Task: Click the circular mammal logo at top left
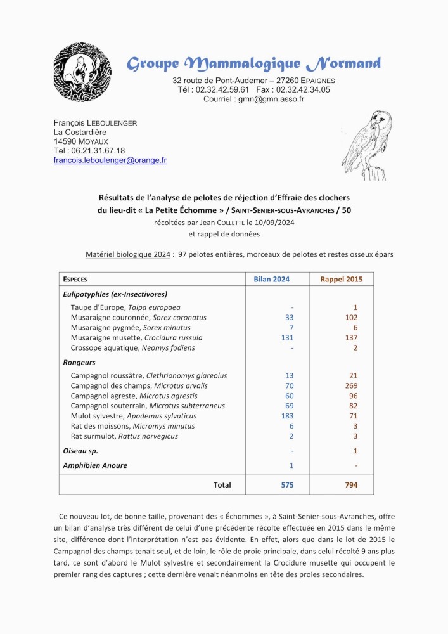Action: (82, 74)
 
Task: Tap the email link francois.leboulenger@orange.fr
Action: (110, 161)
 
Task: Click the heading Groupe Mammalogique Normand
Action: (253, 63)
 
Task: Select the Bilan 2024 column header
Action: (271, 279)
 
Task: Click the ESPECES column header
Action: (75, 279)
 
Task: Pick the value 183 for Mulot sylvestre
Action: (287, 416)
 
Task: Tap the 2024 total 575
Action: (287, 485)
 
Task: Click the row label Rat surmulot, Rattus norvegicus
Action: (124, 436)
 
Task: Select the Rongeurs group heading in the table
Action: (79, 363)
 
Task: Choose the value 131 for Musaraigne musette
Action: (287, 338)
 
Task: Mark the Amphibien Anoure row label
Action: (95, 465)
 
